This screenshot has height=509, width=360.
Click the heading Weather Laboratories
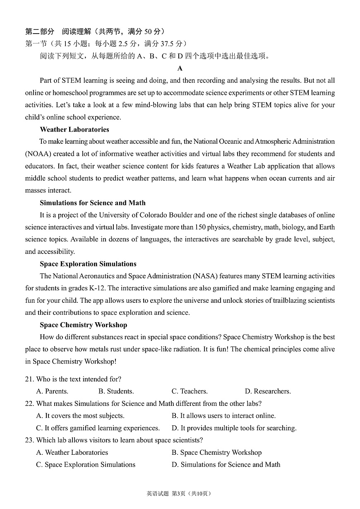click(x=74, y=129)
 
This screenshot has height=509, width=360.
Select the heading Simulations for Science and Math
click(x=93, y=203)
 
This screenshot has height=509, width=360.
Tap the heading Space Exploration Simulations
click(x=88, y=264)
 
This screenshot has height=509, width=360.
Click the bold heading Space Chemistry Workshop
click(x=83, y=325)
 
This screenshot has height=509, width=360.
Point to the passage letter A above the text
click(x=180, y=68)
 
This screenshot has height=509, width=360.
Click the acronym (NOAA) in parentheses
click(x=38, y=154)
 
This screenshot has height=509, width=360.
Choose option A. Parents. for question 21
click(x=52, y=391)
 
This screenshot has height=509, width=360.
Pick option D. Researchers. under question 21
click(x=268, y=391)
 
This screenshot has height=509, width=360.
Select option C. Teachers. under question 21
click(x=190, y=391)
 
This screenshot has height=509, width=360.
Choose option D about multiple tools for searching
click(x=234, y=428)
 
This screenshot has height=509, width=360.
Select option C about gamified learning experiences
click(x=98, y=428)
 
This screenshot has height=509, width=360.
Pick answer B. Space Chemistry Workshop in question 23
click(x=216, y=452)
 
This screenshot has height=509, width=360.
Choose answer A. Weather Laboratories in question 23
click(x=72, y=452)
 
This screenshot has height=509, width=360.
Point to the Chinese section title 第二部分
click(x=40, y=31)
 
